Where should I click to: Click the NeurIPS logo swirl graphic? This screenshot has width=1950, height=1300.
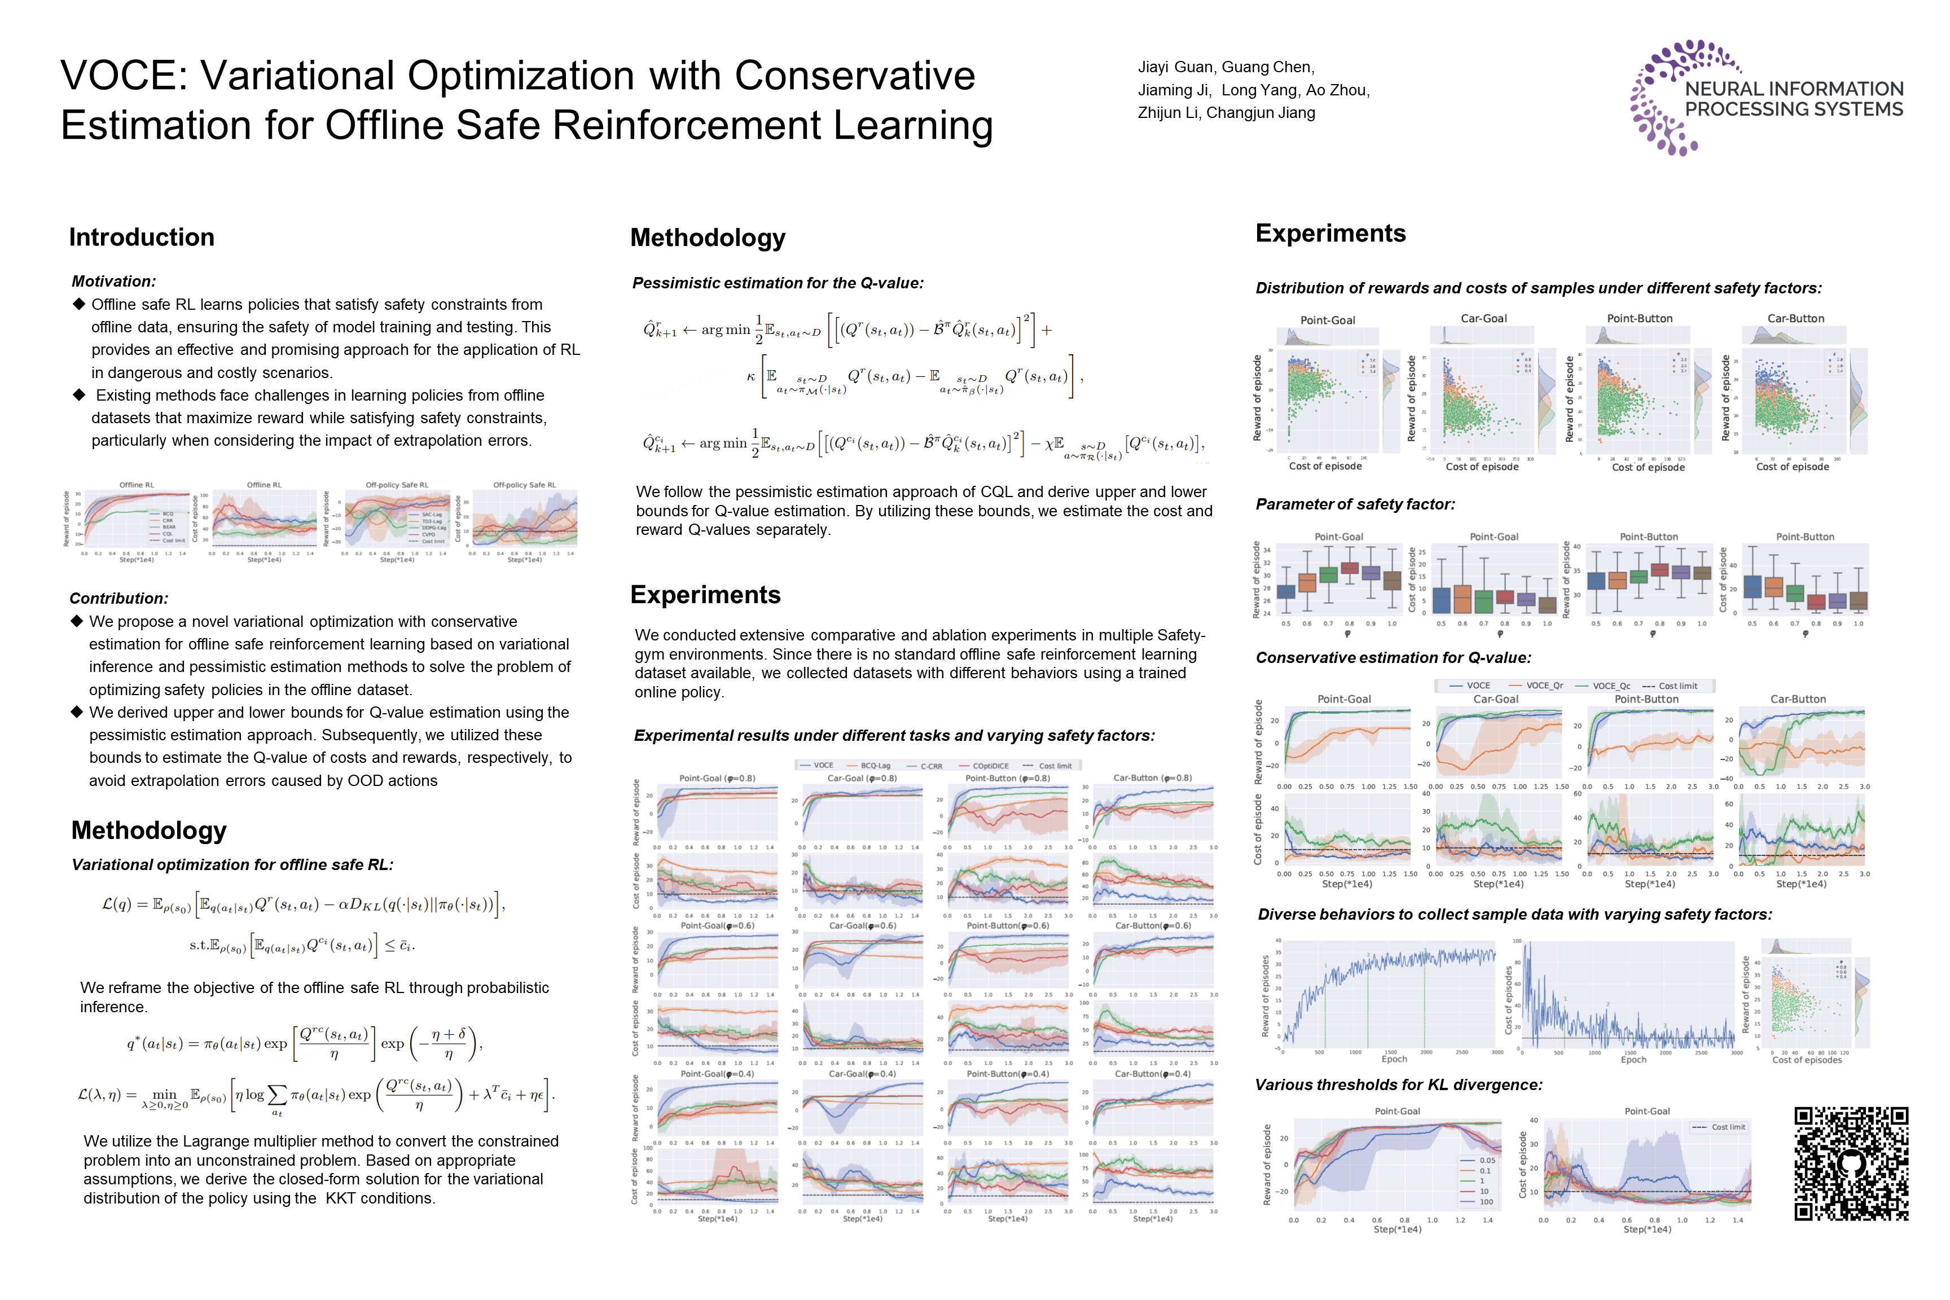tap(1662, 98)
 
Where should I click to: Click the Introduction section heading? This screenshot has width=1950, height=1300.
tap(142, 238)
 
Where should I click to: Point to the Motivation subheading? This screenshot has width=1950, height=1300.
tap(113, 282)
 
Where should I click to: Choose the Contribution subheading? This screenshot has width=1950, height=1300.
tap(118, 599)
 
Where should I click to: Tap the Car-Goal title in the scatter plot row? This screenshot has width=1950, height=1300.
tap(1483, 318)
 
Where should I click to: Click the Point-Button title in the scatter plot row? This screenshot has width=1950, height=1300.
tap(1639, 318)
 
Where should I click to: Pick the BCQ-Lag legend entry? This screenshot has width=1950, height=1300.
tap(875, 766)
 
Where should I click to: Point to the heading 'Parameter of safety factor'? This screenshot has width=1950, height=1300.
tap(1355, 504)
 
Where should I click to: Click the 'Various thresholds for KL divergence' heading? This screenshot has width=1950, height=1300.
tap(1399, 1085)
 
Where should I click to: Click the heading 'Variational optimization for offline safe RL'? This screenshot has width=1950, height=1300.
tap(232, 865)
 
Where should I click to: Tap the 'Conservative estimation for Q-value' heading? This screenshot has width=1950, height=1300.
tap(1393, 657)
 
